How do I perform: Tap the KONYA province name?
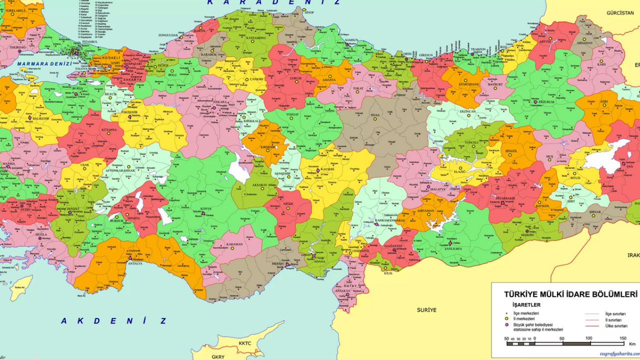point(205,208)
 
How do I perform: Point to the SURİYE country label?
point(426,310)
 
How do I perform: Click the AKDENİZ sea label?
point(113,321)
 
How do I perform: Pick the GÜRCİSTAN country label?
point(620,12)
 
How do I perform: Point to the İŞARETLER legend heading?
point(526,304)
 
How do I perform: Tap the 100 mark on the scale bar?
point(588,338)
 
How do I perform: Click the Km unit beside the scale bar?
point(632,344)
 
